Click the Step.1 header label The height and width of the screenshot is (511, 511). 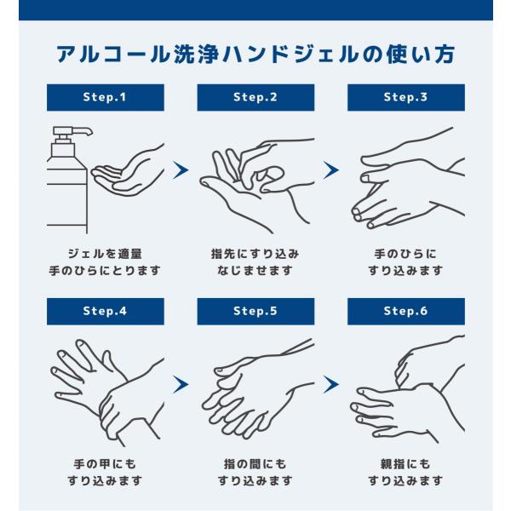[x=106, y=97]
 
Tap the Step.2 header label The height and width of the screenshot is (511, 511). [x=255, y=97]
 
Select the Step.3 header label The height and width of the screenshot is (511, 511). [x=406, y=97]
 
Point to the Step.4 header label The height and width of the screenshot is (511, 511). [x=106, y=311]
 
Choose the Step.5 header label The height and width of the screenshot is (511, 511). [x=255, y=311]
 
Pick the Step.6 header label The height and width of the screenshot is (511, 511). [x=406, y=311]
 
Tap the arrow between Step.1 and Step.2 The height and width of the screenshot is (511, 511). [x=181, y=169]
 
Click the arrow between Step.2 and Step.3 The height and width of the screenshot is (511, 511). [x=330, y=169]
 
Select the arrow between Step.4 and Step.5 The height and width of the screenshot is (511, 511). [x=181, y=384]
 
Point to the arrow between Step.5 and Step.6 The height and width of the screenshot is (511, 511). [x=330, y=384]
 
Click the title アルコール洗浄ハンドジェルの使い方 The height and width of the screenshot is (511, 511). [x=255, y=55]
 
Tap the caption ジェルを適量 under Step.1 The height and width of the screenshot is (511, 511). [x=105, y=254]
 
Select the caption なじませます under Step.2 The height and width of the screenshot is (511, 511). [x=255, y=271]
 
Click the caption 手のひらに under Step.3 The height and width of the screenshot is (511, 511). [x=405, y=254]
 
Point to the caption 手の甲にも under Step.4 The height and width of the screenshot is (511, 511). [x=105, y=464]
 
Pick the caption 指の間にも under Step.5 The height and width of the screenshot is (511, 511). [x=255, y=464]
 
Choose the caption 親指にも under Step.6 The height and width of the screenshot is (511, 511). [x=405, y=464]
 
